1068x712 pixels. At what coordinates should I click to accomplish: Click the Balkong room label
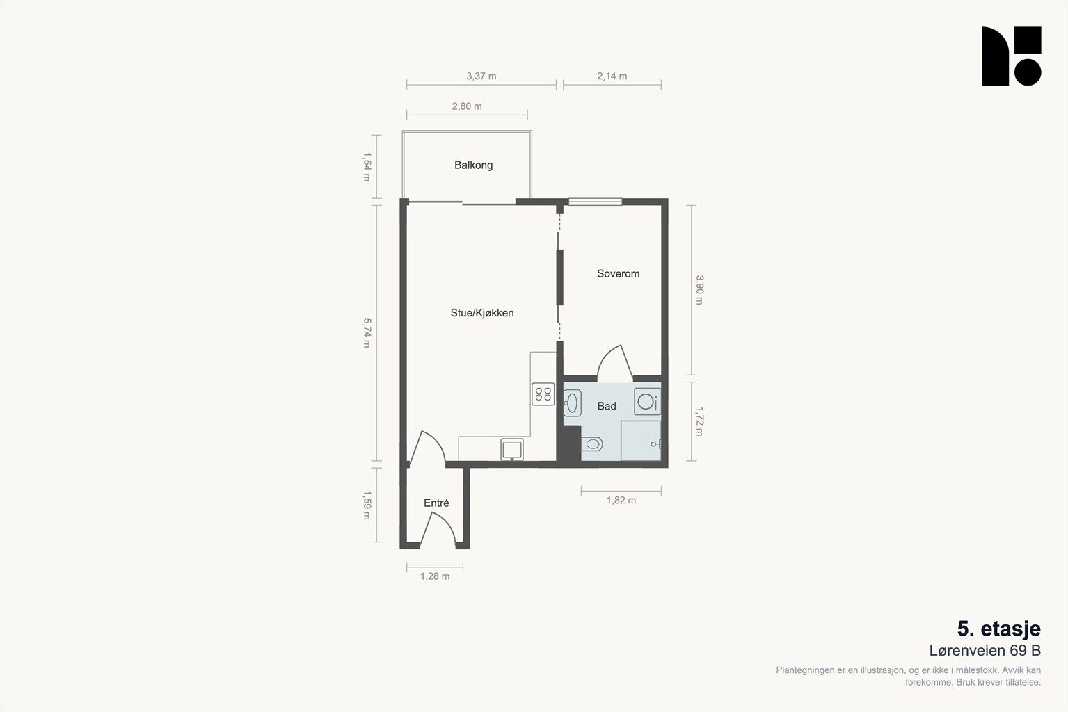coord(473,165)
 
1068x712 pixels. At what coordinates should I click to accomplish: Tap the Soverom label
coord(618,273)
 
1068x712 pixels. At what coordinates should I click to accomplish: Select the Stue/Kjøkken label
coord(482,313)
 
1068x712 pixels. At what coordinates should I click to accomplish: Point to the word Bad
coord(607,406)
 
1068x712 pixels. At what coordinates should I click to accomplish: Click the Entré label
coord(436,503)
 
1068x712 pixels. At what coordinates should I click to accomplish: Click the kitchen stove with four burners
coord(543,394)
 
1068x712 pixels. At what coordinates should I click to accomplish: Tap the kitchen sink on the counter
coord(511,449)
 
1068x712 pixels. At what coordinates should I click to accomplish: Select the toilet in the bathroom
coord(591,444)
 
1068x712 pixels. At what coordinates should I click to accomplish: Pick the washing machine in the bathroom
coord(648,401)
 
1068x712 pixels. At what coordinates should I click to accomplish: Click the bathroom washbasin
coord(572,403)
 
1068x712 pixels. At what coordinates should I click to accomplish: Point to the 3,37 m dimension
coord(481,76)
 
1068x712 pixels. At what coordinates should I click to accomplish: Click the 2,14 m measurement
coord(612,76)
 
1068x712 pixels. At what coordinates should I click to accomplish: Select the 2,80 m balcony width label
coord(467,106)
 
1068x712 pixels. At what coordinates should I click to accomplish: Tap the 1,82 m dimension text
coord(621,500)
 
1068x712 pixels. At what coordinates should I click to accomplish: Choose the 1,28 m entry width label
coord(434,576)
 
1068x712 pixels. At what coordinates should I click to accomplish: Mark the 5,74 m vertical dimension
coord(367,333)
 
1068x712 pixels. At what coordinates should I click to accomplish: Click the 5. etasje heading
coord(999,629)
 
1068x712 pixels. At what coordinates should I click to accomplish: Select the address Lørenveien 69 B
coord(985,651)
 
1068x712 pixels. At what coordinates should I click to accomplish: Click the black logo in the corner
coord(1011,56)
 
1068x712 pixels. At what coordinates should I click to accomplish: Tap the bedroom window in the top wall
coord(595,202)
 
